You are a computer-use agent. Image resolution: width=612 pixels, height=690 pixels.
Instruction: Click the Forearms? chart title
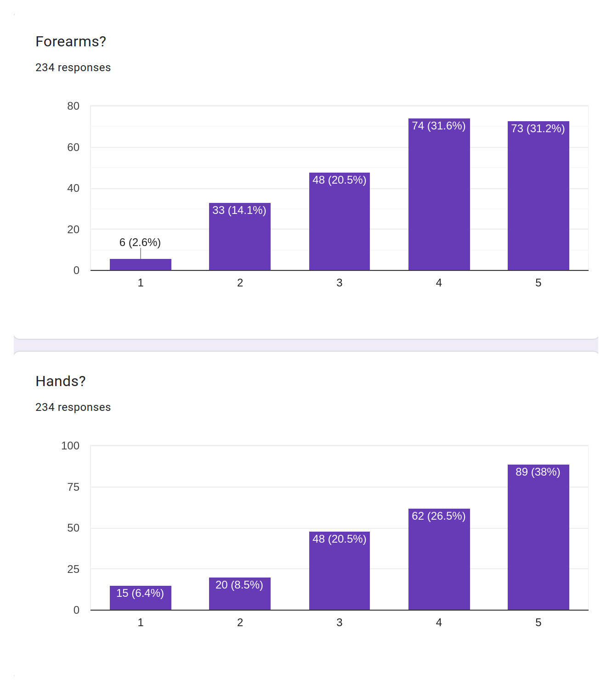tap(71, 42)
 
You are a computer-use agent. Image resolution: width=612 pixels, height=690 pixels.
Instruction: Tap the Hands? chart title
tap(61, 381)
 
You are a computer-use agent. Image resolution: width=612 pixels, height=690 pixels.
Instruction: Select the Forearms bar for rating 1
tap(141, 265)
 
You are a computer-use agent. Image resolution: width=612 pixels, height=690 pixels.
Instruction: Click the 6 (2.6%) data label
tap(140, 242)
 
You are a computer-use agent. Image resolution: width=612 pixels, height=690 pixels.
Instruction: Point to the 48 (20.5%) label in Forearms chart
tap(340, 180)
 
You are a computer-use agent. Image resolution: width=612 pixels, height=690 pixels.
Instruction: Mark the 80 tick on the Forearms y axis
tap(73, 107)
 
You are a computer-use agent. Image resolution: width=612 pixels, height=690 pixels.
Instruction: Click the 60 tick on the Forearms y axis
tap(73, 147)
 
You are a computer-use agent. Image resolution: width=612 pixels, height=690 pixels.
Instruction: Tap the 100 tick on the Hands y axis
tap(70, 446)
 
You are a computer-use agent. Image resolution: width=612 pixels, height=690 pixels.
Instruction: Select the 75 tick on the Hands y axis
tap(73, 487)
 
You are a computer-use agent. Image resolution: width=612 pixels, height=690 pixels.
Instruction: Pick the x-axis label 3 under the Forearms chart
tap(340, 283)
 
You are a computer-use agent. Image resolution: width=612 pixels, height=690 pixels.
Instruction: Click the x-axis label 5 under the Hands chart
tap(538, 623)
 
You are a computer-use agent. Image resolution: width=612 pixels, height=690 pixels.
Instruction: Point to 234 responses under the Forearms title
tap(73, 67)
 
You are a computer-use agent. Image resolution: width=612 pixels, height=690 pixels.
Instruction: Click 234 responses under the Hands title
tap(73, 407)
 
